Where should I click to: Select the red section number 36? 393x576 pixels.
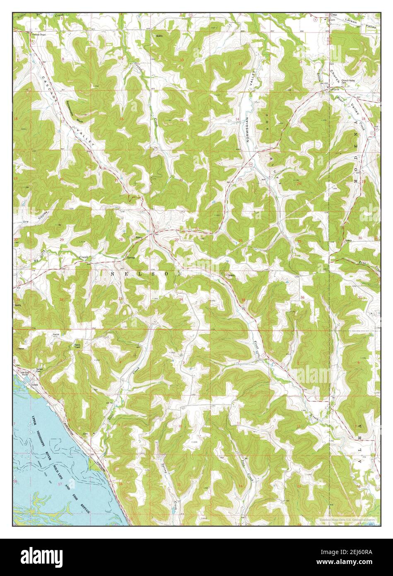click(303, 298)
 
